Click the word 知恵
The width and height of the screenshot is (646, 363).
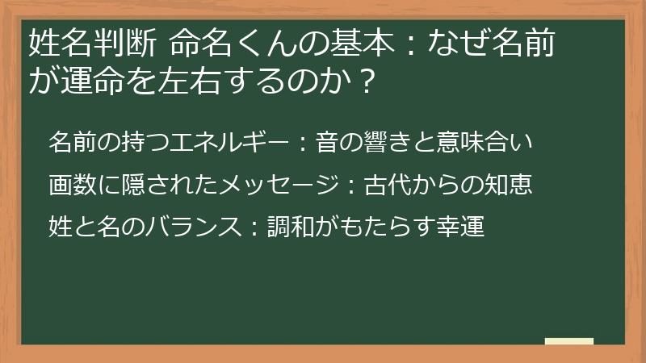pos(511,186)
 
